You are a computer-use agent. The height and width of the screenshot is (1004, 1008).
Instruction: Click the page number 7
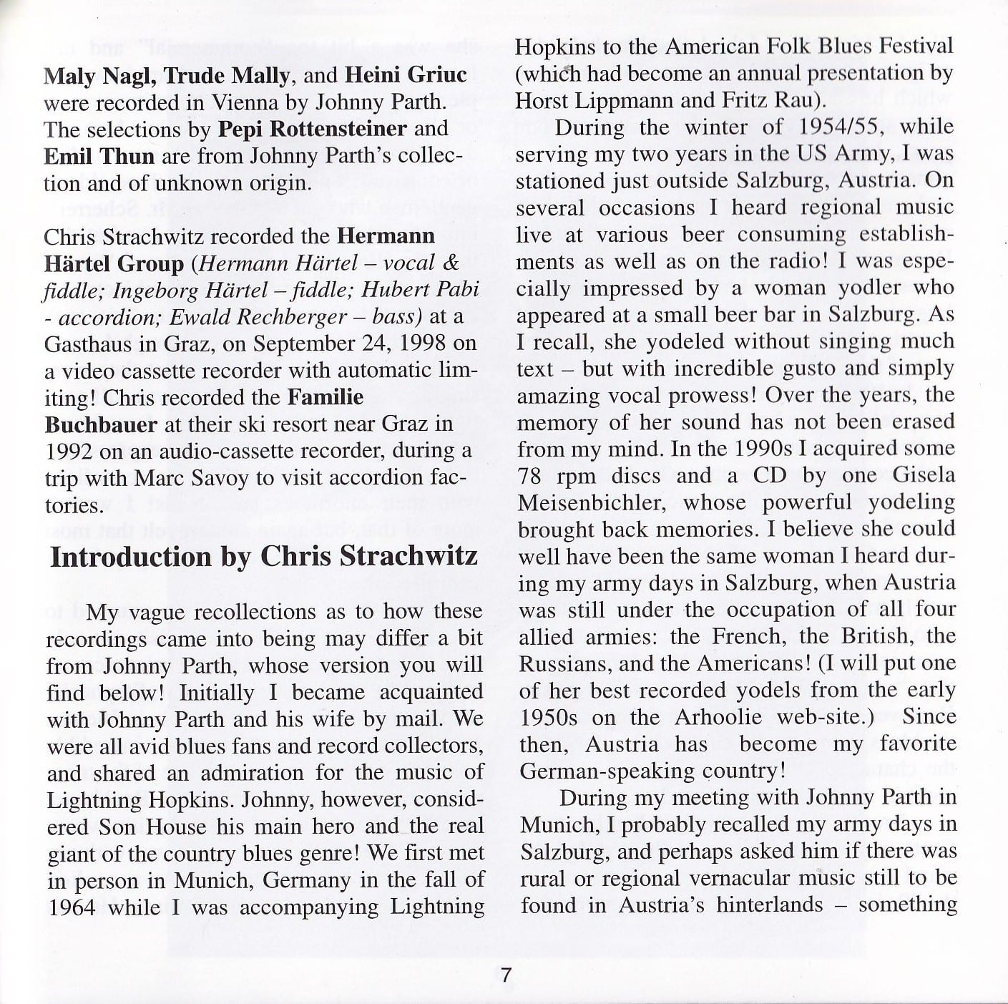click(506, 976)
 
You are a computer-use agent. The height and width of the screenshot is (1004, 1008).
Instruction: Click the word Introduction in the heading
click(132, 557)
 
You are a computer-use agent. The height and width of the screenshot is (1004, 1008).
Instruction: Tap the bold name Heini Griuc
click(406, 75)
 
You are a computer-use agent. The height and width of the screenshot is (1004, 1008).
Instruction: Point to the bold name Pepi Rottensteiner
click(313, 130)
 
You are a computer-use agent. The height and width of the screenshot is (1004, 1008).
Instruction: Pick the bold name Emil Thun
click(99, 156)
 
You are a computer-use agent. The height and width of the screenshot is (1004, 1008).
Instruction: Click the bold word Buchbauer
click(101, 424)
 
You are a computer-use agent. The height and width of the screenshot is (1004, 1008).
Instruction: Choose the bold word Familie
click(326, 397)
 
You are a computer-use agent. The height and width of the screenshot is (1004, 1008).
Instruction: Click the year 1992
click(69, 451)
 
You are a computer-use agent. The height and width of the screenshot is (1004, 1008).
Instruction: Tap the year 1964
click(72, 907)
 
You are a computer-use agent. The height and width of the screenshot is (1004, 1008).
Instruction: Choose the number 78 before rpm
click(532, 476)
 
